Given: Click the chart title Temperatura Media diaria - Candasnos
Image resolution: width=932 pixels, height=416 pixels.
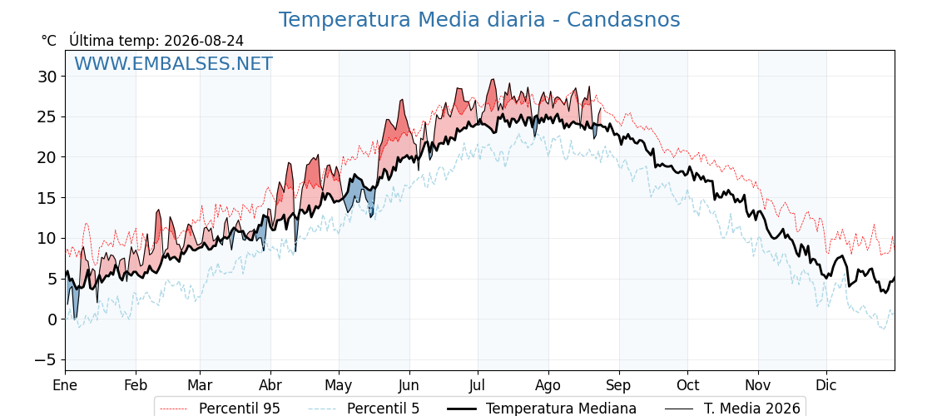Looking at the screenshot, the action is (x=479, y=20).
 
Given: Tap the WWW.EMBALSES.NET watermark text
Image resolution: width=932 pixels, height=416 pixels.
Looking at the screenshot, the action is (x=174, y=63).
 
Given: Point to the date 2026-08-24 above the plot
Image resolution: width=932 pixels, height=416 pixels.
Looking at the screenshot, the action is (x=204, y=41).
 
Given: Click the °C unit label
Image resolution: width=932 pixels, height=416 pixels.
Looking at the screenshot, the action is (x=49, y=41).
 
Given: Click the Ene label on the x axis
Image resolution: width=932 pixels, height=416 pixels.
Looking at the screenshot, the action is (x=65, y=385).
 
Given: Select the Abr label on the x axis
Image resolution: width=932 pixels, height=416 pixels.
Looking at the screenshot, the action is (x=270, y=385).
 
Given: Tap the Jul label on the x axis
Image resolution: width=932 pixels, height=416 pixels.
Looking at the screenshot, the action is (x=478, y=385).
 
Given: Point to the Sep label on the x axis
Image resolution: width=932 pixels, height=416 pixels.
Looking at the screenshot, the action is (x=619, y=385).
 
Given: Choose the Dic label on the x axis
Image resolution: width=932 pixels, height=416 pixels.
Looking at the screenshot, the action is (x=826, y=385).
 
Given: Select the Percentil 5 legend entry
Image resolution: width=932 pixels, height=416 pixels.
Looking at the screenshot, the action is (x=364, y=409).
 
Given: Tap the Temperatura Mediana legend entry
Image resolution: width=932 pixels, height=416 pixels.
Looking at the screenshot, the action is (x=542, y=409).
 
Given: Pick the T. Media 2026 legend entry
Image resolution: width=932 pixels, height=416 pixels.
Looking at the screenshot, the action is (x=732, y=409).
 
